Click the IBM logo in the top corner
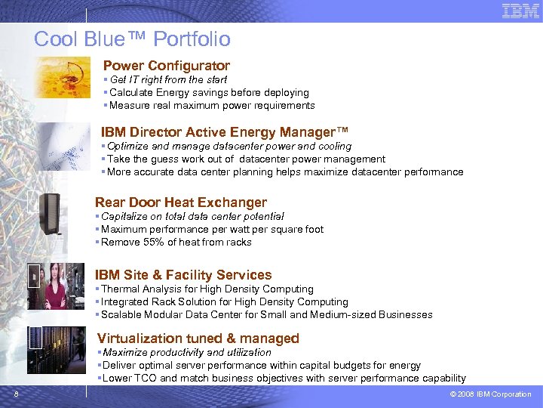click(x=520, y=11)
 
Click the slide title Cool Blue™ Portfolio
click(x=132, y=39)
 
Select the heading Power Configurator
click(x=166, y=66)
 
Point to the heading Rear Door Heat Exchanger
click(x=180, y=202)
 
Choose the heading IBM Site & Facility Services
click(x=183, y=275)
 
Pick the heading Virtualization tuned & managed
click(x=198, y=338)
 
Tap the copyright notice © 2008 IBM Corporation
click(x=490, y=394)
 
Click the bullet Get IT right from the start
click(x=168, y=79)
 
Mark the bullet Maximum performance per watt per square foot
click(x=212, y=230)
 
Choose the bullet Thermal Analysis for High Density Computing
click(x=207, y=289)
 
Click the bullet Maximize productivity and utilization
click(x=187, y=353)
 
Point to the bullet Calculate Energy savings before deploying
click(x=209, y=93)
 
